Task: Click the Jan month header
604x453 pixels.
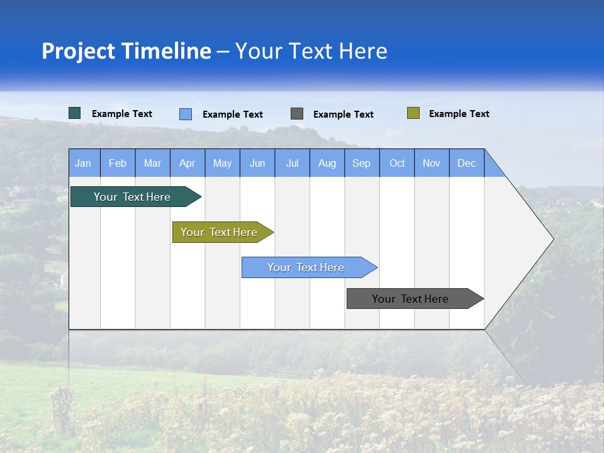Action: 83,163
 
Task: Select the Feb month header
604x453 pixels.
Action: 118,163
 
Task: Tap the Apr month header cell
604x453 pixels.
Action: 187,163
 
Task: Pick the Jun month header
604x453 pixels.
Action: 257,163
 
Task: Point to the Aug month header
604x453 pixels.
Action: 327,163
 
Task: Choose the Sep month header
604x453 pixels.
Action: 362,163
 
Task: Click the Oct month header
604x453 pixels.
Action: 397,163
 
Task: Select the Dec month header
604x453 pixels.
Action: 467,163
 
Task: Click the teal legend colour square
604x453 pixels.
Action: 75,113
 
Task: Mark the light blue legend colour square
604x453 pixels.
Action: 186,114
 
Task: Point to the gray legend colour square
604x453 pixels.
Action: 297,114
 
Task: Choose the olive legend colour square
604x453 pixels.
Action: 413,113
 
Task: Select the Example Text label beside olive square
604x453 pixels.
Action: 459,114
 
